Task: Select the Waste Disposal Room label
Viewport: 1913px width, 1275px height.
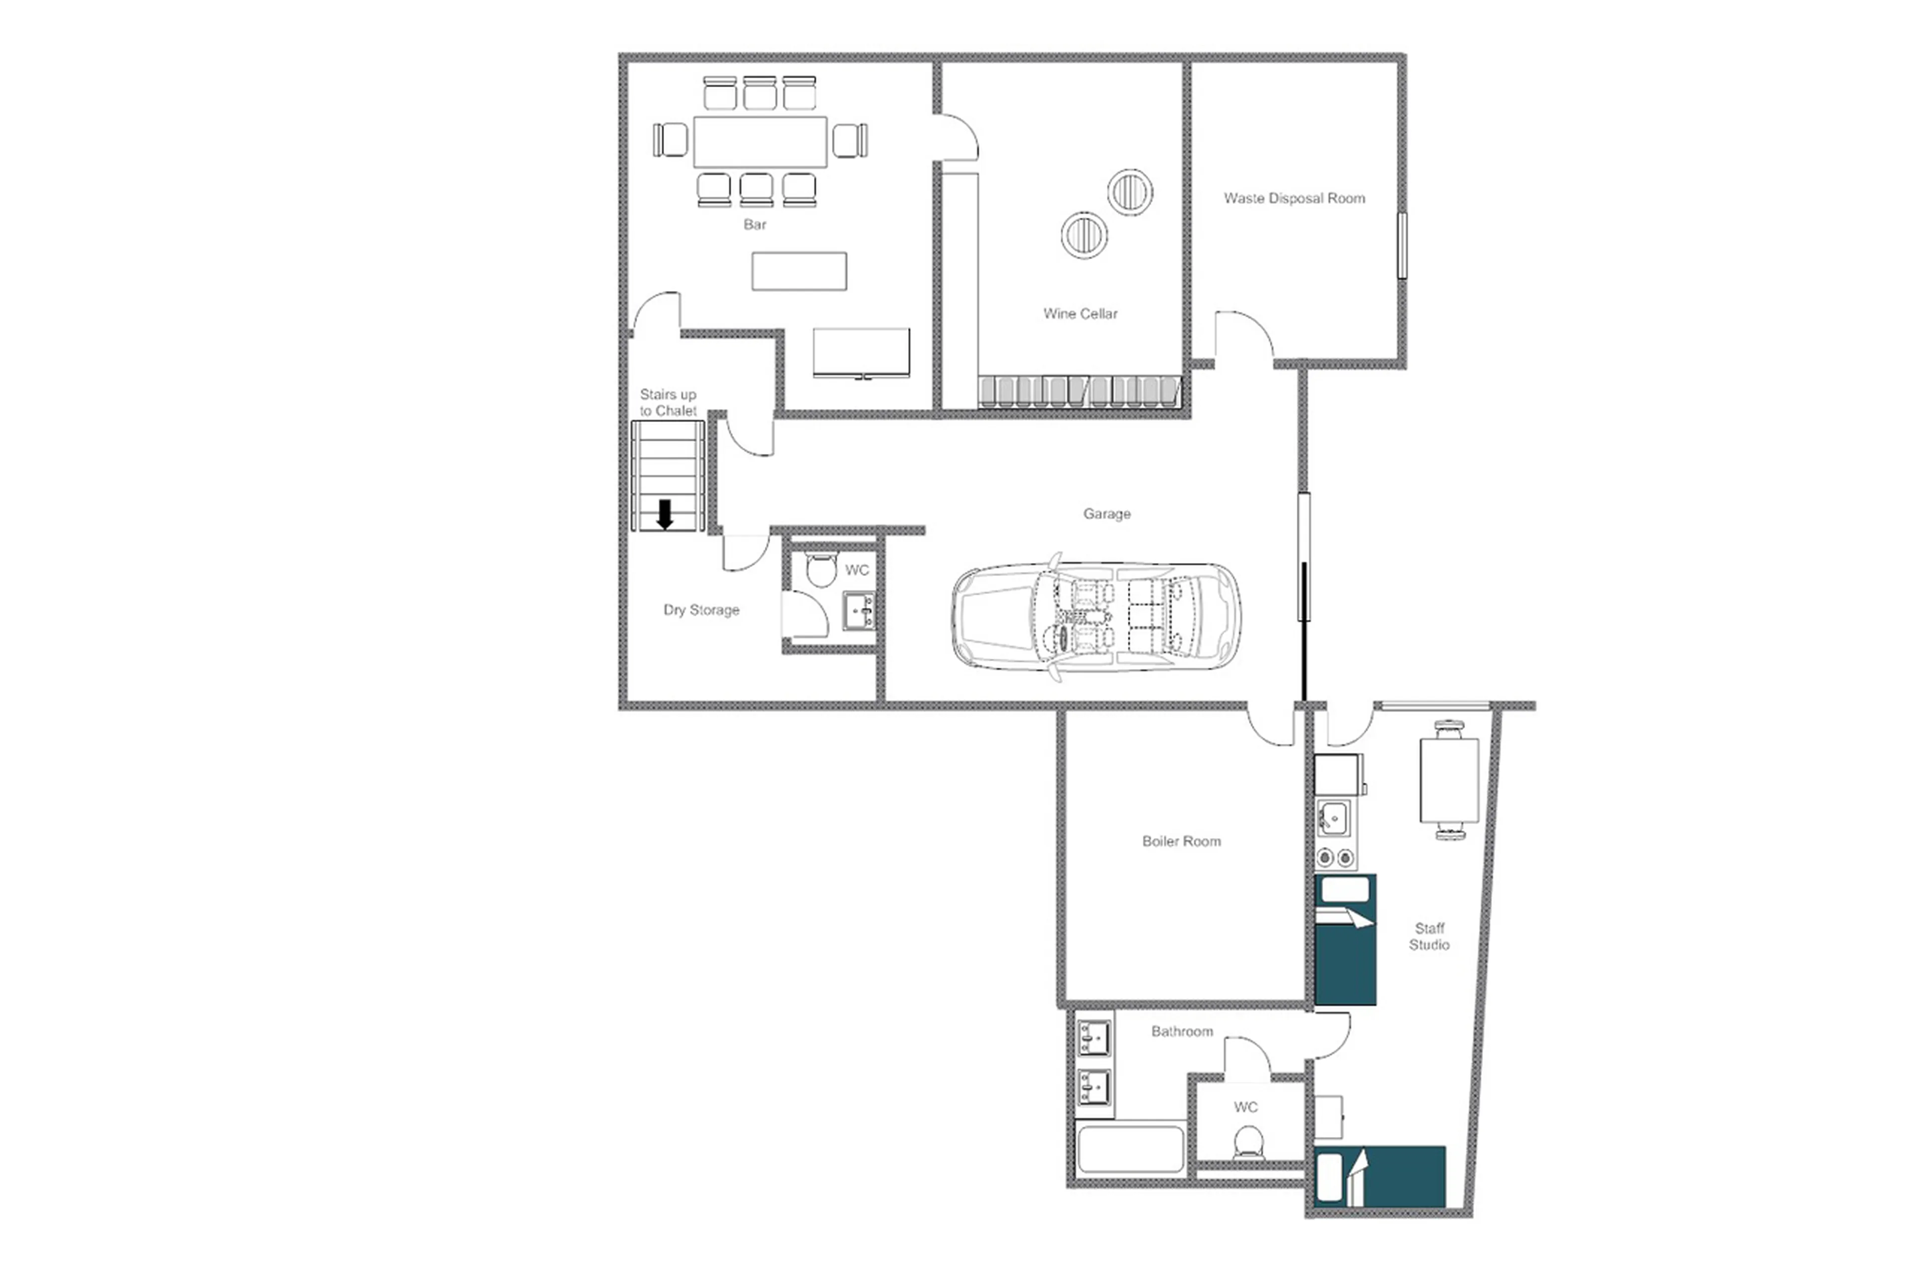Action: (x=1293, y=198)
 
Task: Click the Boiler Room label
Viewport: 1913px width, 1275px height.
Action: (x=1181, y=841)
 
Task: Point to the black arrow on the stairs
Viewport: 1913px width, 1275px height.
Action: (x=664, y=514)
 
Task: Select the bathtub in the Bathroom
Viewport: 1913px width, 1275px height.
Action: (x=1130, y=1148)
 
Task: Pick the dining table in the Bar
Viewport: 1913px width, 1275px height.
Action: (x=759, y=142)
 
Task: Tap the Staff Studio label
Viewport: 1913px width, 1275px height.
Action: (x=1428, y=936)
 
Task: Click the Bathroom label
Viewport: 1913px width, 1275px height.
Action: (x=1181, y=1031)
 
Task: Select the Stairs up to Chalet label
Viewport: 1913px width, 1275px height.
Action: (x=668, y=402)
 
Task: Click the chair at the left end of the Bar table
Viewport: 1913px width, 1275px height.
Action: (x=671, y=140)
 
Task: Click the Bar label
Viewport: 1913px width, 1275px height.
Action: (x=754, y=224)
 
